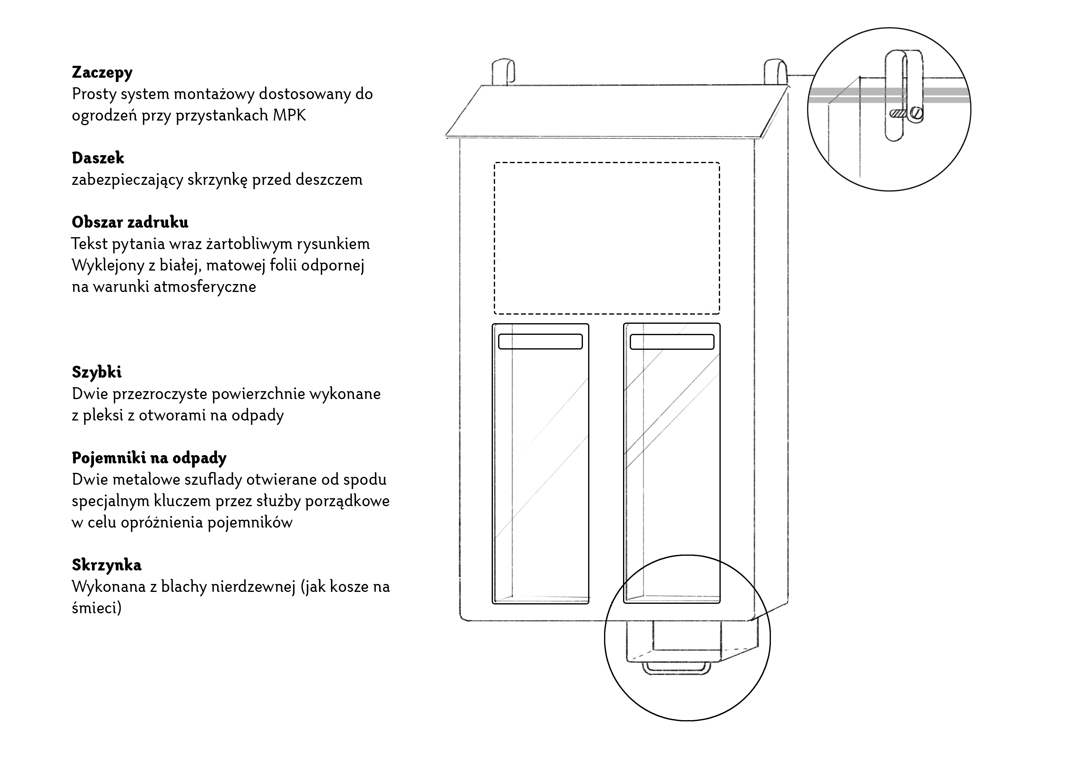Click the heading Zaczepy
click(102, 73)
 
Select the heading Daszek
click(98, 158)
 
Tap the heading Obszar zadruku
click(130, 222)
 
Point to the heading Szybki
click(97, 372)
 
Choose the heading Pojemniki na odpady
click(149, 458)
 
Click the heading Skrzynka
click(107, 565)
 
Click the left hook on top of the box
click(503, 72)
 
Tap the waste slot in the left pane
click(540, 341)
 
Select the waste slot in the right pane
click(672, 342)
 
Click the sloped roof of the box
click(618, 111)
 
